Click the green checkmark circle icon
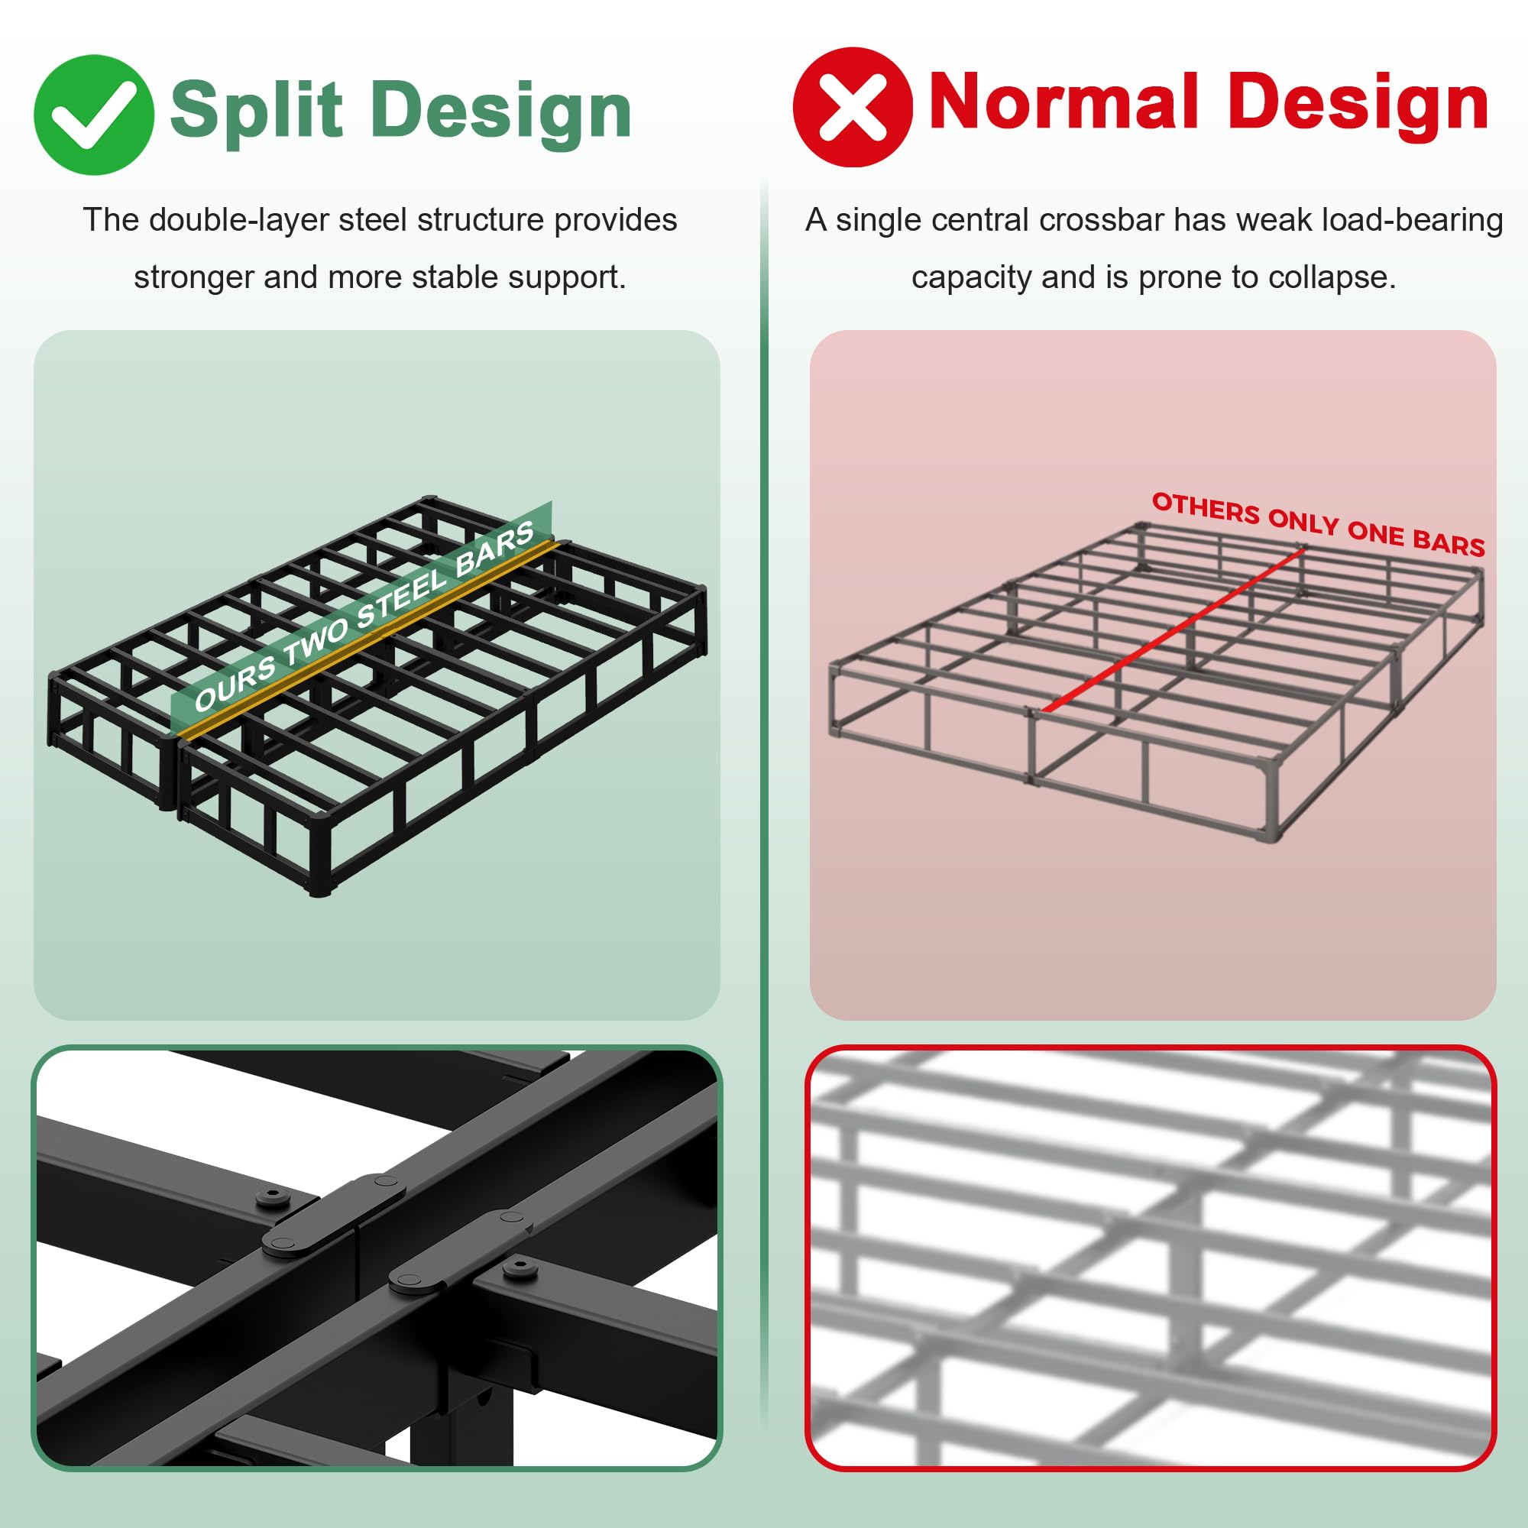[93, 115]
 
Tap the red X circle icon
[853, 107]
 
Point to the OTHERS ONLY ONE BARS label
[1317, 523]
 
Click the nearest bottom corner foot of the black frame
[319, 889]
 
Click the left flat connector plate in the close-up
[333, 1216]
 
